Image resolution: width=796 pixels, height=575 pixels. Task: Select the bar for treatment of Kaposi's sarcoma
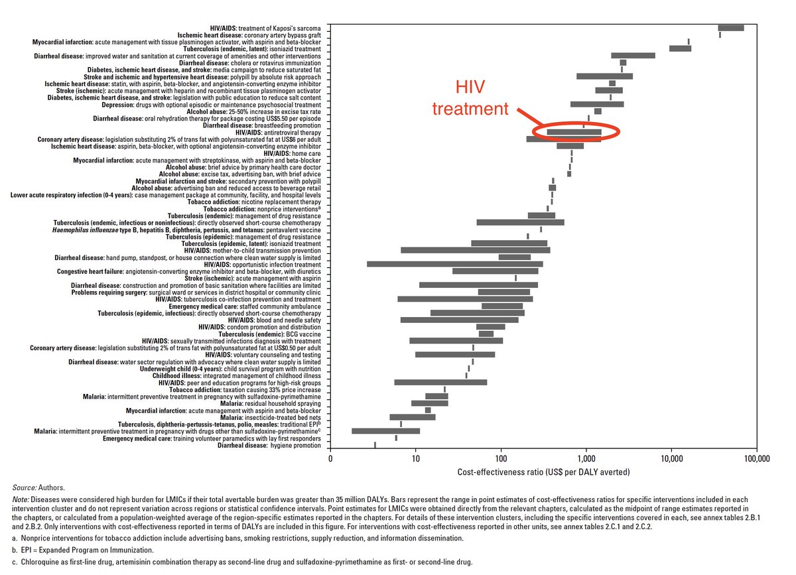pos(730,28)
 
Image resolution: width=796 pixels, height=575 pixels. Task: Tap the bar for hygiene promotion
pos(375,444)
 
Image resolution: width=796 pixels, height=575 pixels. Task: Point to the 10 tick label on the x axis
pos(415,458)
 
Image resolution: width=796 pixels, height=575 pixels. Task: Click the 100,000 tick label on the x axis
pos(756,458)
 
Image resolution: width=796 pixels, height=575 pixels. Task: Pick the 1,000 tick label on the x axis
pos(586,458)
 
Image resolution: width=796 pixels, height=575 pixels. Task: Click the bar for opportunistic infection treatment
pos(454,264)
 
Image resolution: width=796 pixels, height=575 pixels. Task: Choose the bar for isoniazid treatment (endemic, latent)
pos(680,48)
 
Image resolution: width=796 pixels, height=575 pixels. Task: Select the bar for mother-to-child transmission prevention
pos(475,250)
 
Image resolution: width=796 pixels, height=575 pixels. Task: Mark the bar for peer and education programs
pos(440,382)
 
